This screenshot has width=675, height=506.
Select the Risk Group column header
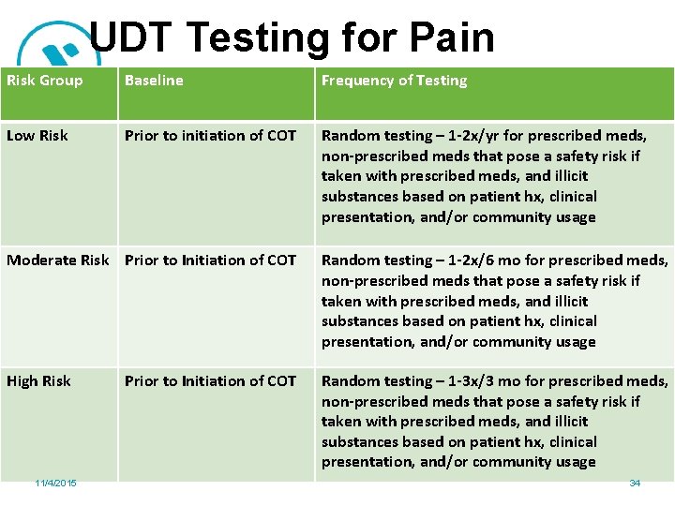click(x=45, y=81)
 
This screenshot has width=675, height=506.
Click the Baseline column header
click(x=154, y=81)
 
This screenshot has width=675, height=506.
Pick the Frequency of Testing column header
click(x=394, y=81)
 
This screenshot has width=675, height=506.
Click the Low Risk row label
click(x=37, y=136)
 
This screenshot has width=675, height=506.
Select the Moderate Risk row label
click(x=58, y=260)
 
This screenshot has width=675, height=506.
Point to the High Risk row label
click(x=38, y=381)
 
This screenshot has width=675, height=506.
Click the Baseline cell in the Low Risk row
click(x=210, y=136)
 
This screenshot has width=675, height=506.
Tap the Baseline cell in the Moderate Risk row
click(x=210, y=260)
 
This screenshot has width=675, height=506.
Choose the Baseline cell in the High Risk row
click(x=210, y=381)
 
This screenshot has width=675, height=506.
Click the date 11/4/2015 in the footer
click(x=55, y=483)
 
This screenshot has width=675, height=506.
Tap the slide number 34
click(x=635, y=483)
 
